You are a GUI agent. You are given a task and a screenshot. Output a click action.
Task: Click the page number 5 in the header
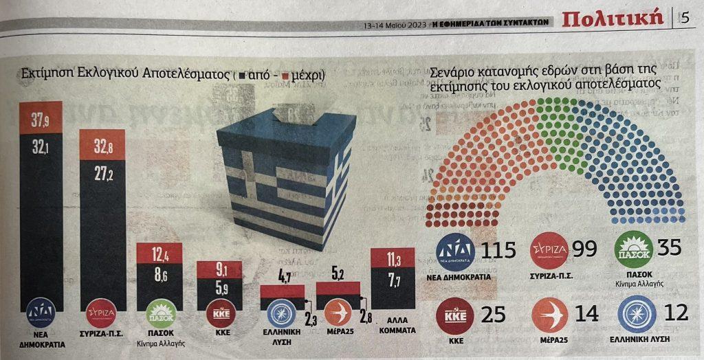685,18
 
